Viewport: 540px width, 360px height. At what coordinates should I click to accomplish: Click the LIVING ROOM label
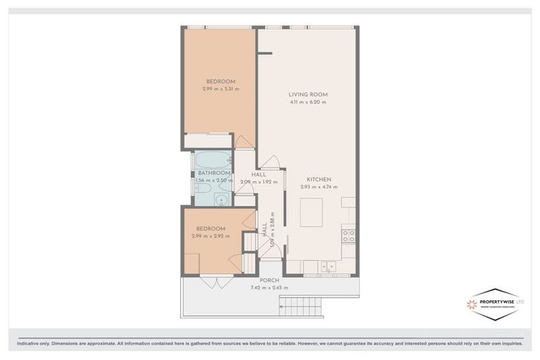308,94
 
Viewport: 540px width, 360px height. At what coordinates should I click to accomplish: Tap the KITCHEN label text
319,179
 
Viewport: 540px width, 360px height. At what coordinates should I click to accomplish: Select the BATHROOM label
214,173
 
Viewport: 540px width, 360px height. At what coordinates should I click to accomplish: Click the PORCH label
269,280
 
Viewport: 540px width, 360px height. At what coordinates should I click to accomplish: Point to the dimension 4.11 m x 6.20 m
308,103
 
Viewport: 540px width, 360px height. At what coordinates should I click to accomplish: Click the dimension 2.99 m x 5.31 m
221,89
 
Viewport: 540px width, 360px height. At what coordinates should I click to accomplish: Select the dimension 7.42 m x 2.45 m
269,288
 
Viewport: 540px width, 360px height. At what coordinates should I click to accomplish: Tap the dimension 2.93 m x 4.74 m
319,187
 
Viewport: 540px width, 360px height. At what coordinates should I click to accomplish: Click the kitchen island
311,212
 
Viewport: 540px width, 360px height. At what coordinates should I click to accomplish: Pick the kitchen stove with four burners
348,235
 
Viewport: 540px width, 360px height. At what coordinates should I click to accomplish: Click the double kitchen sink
327,266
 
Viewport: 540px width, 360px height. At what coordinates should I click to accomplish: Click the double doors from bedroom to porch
216,282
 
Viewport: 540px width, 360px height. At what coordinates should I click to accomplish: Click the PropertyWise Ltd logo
495,304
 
